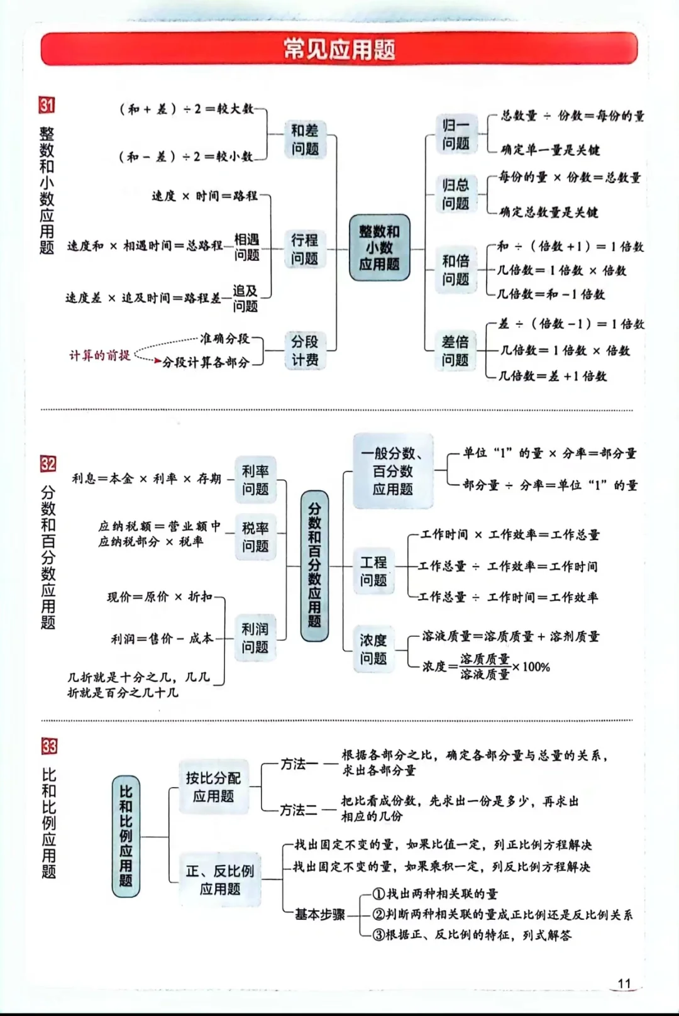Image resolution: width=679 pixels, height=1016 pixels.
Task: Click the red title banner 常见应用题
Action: tap(339, 49)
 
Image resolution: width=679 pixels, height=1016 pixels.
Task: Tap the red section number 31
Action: tap(47, 105)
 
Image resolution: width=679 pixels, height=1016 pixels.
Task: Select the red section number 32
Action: tap(48, 464)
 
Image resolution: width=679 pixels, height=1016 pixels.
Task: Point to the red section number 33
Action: tap(49, 746)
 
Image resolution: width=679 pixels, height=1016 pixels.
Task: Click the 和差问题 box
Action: tap(305, 140)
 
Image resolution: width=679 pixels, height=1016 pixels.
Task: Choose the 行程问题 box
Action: tap(305, 249)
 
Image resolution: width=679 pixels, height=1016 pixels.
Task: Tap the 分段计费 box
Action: tap(305, 350)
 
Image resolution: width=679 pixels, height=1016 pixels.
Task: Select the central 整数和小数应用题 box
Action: tap(379, 248)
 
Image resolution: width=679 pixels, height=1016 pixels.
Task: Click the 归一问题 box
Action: tap(456, 134)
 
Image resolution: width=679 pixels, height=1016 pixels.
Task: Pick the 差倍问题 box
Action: tap(455, 351)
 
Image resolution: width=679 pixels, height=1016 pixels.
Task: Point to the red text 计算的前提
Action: tap(99, 356)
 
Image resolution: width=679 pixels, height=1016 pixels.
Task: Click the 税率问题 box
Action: tap(255, 537)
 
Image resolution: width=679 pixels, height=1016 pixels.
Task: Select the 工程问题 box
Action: tap(373, 571)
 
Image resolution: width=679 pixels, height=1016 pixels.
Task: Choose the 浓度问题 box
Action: tap(373, 649)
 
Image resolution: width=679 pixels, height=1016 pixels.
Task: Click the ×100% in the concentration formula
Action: tap(531, 666)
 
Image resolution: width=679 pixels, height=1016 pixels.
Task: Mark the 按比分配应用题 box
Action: tap(214, 787)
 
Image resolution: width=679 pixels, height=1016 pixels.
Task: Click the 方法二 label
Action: tap(299, 810)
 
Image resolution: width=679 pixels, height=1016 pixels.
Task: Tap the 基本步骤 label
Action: tap(320, 915)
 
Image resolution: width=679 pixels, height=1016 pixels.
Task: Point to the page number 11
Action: tap(624, 983)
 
